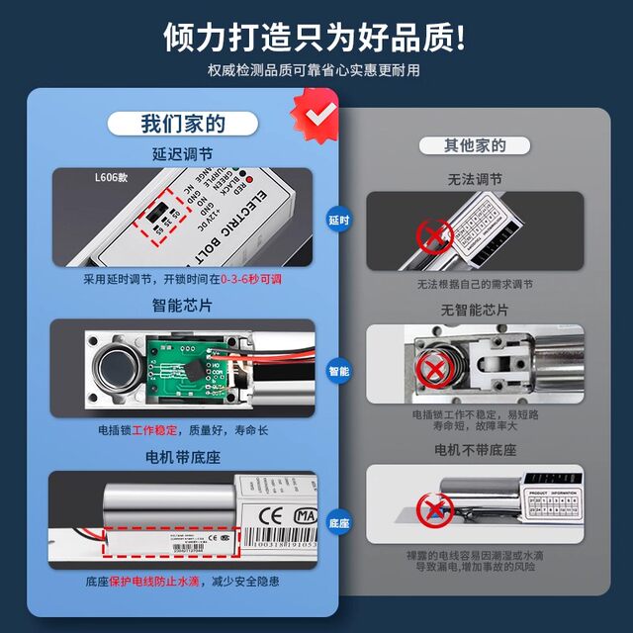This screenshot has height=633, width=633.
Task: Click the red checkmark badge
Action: [318, 115]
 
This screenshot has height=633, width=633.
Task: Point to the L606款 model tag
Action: [112, 179]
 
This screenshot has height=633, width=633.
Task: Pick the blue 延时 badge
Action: [338, 220]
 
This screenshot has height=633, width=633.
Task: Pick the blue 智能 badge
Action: [338, 371]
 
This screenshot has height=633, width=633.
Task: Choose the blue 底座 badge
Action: [338, 521]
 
